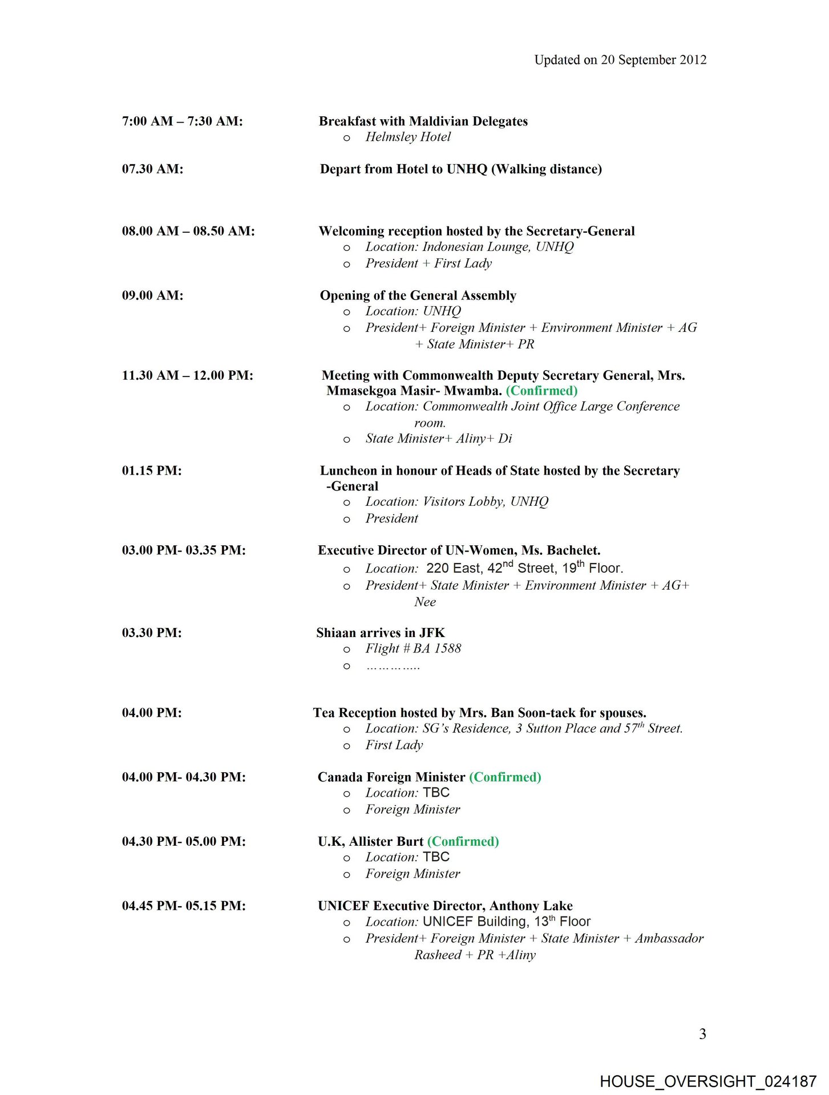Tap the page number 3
tap(702, 1034)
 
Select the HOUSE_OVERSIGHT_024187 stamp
tap(708, 1081)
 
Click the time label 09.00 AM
tap(152, 295)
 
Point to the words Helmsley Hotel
tap(408, 137)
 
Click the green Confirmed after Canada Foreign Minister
tap(505, 777)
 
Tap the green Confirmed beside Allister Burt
tap(463, 841)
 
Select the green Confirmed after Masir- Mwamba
tap(541, 391)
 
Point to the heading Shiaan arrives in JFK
tap(381, 632)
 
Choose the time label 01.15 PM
tap(152, 471)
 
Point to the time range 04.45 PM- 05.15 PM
tap(184, 906)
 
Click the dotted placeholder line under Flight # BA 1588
tap(393, 666)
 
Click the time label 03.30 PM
tap(152, 632)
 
